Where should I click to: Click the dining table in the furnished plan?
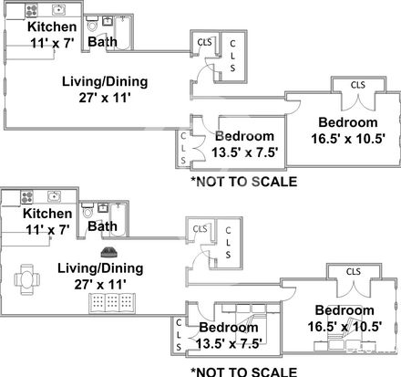pos(27,279)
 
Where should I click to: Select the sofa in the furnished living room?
pos(112,303)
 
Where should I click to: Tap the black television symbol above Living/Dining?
pos(109,252)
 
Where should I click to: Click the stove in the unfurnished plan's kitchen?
pos(31,10)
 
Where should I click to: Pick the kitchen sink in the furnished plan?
pos(54,196)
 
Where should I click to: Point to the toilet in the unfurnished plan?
pos(92,24)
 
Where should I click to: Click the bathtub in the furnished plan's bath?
pos(118,219)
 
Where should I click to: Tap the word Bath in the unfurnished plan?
pos(102,42)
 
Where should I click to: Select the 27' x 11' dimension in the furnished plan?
pos(100,285)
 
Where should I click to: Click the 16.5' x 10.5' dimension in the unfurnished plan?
pos(348,139)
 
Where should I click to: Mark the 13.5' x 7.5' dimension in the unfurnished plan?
pos(245,152)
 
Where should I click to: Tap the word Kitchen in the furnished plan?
pos(47,214)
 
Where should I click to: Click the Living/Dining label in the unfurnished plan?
pos(105,81)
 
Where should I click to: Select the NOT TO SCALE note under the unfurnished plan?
pos(244,182)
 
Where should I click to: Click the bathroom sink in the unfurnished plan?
pos(108,21)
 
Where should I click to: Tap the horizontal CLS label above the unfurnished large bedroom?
pos(358,85)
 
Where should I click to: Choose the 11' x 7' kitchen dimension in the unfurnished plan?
pos(52,43)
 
